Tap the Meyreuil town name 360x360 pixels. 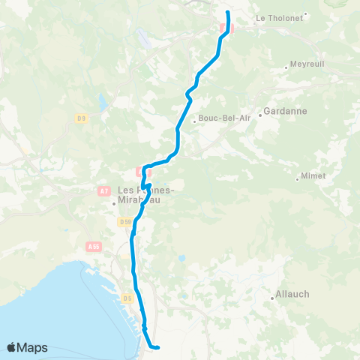(307, 64)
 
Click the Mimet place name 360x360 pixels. (313, 175)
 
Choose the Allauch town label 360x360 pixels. (294, 295)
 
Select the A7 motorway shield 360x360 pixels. (104, 192)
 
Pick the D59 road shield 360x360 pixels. (124, 221)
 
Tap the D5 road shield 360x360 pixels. (127, 298)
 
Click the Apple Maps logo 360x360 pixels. (27, 347)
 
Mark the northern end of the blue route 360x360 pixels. (228, 13)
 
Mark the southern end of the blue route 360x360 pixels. (158, 347)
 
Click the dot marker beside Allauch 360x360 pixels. (272, 298)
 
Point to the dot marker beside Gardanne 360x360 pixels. (260, 115)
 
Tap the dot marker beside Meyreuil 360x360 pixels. (286, 68)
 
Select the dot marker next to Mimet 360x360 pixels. (298, 178)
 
